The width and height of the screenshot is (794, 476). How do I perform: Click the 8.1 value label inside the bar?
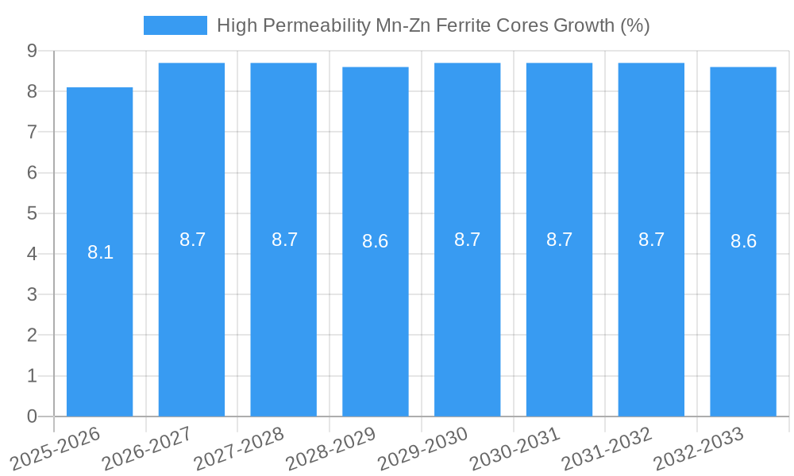[x=100, y=253]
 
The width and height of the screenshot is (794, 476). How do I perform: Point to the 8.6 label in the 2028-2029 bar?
[x=376, y=242]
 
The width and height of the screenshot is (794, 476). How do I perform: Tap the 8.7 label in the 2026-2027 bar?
[x=192, y=240]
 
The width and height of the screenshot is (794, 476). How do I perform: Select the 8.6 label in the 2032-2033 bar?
[x=743, y=242]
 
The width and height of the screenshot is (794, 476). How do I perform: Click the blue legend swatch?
[x=175, y=25]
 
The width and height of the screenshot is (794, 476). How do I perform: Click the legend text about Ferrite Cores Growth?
[x=433, y=25]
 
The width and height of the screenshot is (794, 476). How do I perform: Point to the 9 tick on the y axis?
[x=32, y=51]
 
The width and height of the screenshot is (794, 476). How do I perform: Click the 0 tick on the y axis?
[x=32, y=416]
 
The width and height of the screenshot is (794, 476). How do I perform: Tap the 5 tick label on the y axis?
[x=32, y=213]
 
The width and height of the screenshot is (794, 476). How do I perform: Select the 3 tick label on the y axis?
[x=32, y=295]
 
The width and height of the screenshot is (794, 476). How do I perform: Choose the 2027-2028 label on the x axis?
[x=239, y=447]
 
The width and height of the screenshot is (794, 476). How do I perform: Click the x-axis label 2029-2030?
[x=423, y=447]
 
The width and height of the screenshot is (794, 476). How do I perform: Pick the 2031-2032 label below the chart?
[x=607, y=447]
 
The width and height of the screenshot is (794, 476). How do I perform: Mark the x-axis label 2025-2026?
[x=56, y=447]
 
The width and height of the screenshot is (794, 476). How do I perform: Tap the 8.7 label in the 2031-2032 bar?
[x=651, y=240]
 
